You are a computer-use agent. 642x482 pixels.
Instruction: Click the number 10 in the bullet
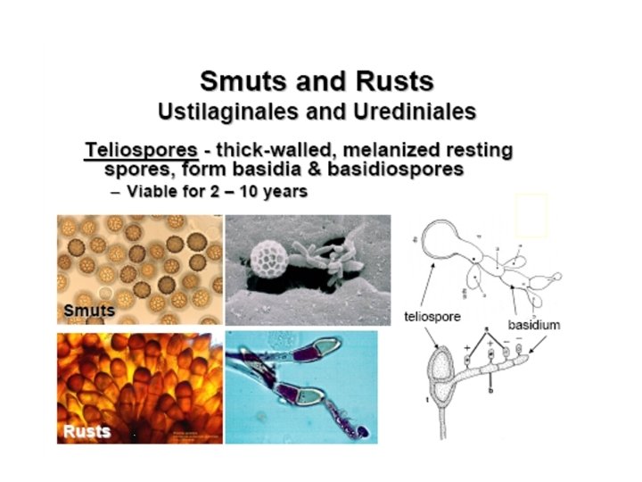click(244, 192)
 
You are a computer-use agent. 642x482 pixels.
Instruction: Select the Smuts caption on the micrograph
click(89, 311)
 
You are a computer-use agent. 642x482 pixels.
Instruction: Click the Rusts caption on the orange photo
click(86, 432)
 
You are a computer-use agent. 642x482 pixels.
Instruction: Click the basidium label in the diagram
click(534, 325)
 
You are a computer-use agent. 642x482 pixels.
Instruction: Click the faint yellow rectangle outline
click(531, 215)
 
